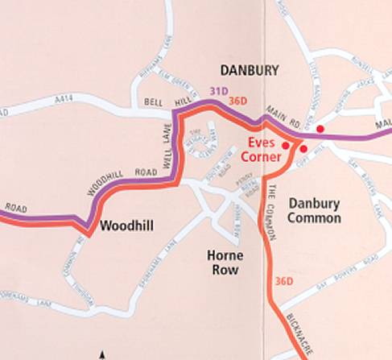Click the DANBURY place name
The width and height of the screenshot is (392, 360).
tap(249, 71)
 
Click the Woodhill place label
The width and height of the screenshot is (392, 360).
tap(127, 226)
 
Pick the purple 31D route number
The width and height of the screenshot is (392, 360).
tap(219, 91)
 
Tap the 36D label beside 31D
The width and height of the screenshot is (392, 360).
tap(237, 101)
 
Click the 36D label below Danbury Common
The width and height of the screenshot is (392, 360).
tap(283, 281)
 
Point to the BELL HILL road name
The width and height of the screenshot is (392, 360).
tap(164, 103)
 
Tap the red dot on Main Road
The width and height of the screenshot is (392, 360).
tap(320, 129)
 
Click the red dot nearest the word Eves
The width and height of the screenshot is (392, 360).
tap(285, 145)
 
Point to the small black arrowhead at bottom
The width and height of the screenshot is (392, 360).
tap(101, 354)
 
